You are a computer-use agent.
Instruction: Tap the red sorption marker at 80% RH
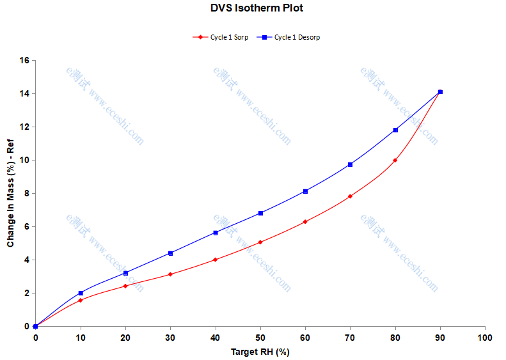pyautogui.click(x=395, y=160)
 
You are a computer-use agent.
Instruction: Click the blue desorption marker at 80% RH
pyautogui.click(x=395, y=130)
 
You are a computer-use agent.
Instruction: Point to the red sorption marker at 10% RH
pyautogui.click(x=81, y=300)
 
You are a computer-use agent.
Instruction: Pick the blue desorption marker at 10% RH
pyautogui.click(x=81, y=293)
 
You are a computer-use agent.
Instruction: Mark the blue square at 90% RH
pyautogui.click(x=440, y=92)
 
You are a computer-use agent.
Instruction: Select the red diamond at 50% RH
pyautogui.click(x=260, y=242)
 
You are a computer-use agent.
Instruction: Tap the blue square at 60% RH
pyautogui.click(x=305, y=191)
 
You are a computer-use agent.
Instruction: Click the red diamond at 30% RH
pyautogui.click(x=170, y=274)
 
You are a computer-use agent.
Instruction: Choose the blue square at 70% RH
pyautogui.click(x=350, y=164)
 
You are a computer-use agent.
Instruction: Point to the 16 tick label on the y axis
pyautogui.click(x=24, y=61)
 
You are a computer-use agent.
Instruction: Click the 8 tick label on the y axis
pyautogui.click(x=26, y=194)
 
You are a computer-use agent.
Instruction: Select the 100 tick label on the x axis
pyautogui.click(x=485, y=337)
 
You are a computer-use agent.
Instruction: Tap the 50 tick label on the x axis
pyautogui.click(x=260, y=337)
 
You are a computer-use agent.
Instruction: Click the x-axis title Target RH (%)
pyautogui.click(x=260, y=352)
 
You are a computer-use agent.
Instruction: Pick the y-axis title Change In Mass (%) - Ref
pyautogui.click(x=11, y=194)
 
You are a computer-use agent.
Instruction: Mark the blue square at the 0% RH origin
pyautogui.click(x=36, y=326)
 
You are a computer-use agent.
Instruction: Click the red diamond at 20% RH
pyautogui.click(x=125, y=286)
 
